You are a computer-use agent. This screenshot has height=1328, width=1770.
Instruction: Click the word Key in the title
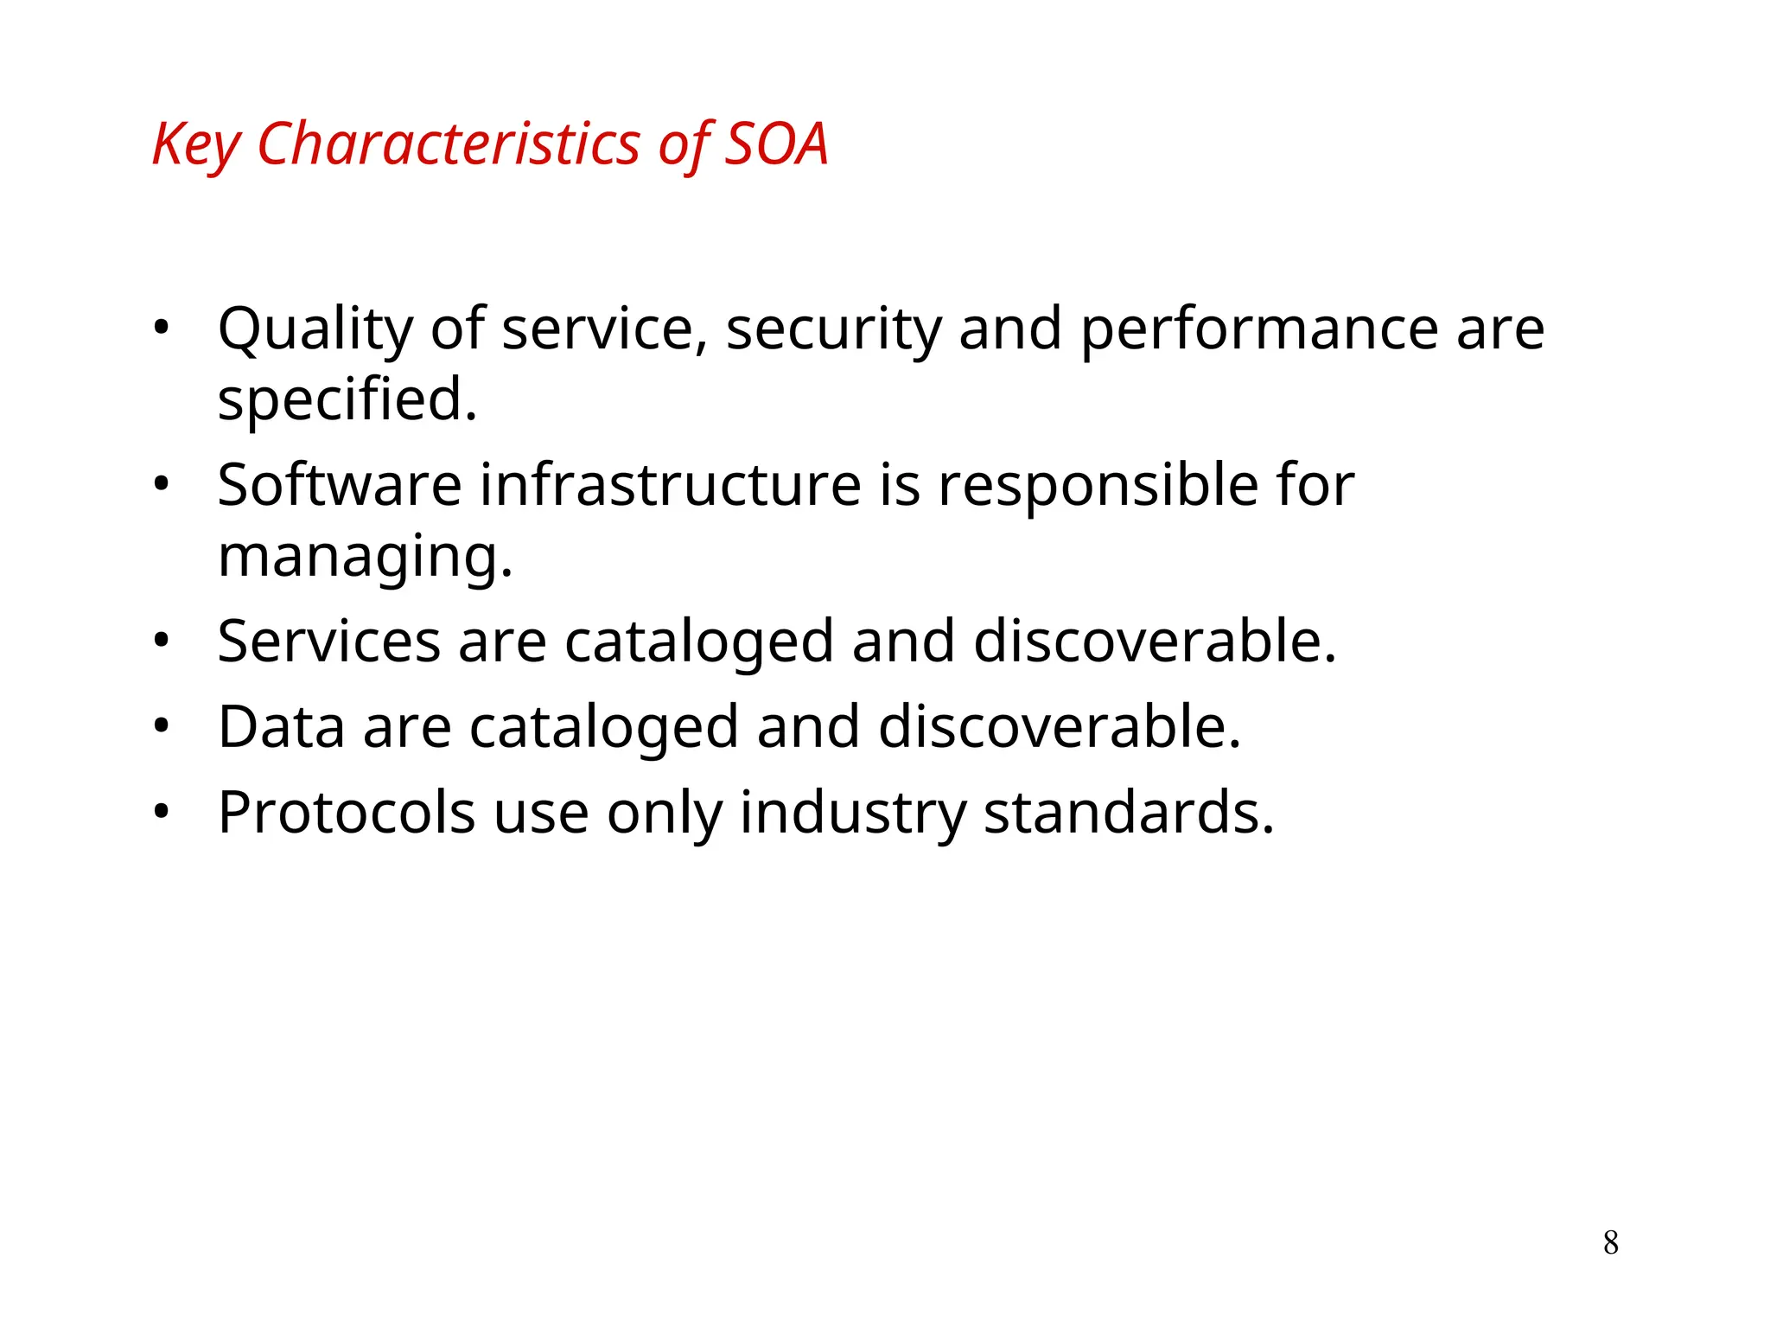tap(196, 144)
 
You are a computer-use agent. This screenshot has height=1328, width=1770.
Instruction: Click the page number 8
tap(1610, 1242)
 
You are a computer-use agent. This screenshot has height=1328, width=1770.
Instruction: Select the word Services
tap(329, 642)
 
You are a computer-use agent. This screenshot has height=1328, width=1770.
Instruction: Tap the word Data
tap(281, 727)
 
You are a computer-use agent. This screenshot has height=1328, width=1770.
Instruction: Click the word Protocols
tap(347, 813)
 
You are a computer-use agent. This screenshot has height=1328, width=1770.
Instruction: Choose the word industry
tap(852, 813)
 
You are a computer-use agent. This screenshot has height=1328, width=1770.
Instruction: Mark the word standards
tap(1128, 813)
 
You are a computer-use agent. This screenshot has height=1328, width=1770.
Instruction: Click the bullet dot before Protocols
tap(161, 813)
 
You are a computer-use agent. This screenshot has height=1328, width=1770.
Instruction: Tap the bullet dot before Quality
tap(161, 329)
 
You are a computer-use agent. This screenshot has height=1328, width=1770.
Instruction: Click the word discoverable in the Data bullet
tap(1059, 727)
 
